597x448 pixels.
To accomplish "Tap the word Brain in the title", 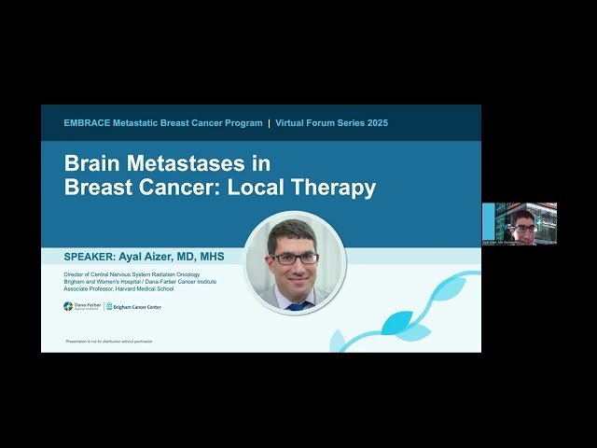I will (x=93, y=163).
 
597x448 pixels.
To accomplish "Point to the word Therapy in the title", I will (x=335, y=188).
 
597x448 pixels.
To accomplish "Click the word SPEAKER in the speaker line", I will (x=93, y=256).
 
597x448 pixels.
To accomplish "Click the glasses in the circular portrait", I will (x=294, y=258).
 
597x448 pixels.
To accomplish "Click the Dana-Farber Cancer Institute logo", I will (x=82, y=306).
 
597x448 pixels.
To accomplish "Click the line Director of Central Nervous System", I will (x=132, y=274).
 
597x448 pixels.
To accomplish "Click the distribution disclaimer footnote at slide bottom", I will (x=109, y=342).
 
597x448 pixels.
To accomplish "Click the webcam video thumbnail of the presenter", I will (x=519, y=224).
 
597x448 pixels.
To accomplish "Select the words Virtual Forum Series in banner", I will (x=320, y=123).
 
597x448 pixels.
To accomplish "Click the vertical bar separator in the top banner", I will (x=269, y=123).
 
